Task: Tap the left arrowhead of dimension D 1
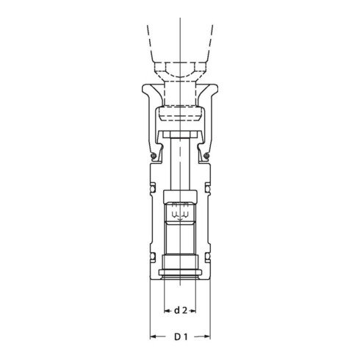[153, 336]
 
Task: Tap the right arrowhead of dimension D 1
[207, 336]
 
